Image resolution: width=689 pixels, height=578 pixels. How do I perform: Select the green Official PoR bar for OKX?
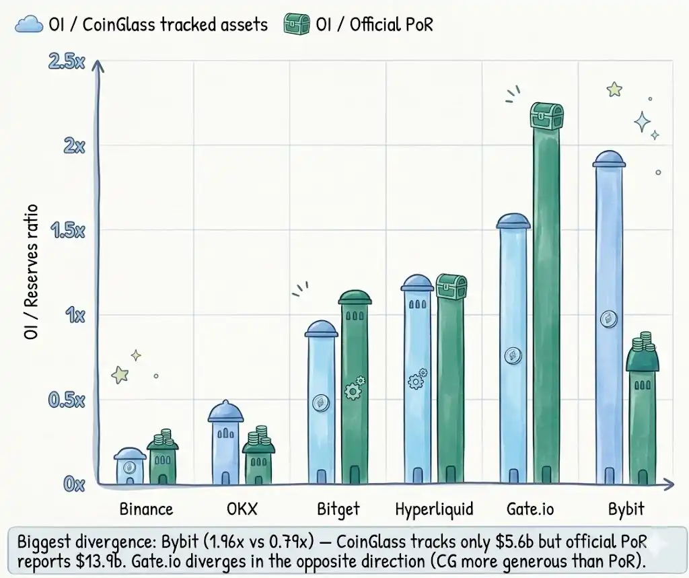tap(258, 464)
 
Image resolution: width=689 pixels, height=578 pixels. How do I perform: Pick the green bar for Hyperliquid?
tap(451, 390)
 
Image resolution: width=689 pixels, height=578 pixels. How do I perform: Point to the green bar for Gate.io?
tap(546, 303)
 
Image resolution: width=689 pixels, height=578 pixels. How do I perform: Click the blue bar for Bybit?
tap(610, 323)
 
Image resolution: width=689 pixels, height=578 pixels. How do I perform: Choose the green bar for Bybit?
tap(642, 424)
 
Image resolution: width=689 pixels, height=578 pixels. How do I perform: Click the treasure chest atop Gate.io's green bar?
tap(546, 116)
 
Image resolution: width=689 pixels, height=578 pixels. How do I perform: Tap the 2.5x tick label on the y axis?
tap(67, 61)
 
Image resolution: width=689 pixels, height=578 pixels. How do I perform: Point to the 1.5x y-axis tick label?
tap(67, 231)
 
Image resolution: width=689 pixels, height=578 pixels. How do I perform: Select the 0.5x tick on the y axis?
tap(67, 400)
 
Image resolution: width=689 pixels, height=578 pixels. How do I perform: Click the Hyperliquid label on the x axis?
tap(434, 509)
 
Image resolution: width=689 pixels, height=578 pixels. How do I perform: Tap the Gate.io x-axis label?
tap(530, 509)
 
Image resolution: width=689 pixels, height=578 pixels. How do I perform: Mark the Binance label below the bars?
tap(146, 509)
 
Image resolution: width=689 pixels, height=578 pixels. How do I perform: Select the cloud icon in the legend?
tap(28, 25)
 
